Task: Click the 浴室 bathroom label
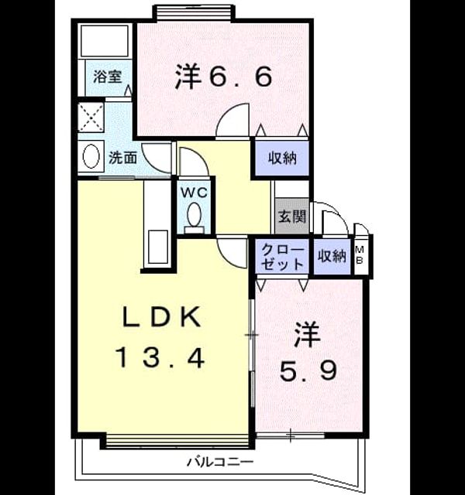[107, 77]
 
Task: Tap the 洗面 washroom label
[122, 158]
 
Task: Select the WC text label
[194, 192]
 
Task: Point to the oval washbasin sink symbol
[91, 156]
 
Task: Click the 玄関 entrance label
[291, 217]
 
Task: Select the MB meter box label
[360, 255]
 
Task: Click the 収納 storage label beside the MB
[332, 256]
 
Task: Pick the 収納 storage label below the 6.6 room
[282, 158]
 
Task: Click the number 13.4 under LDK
[161, 357]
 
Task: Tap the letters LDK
[161, 316]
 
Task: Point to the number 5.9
[308, 370]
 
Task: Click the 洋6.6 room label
[224, 76]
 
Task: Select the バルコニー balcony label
[220, 463]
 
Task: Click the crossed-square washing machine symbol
[91, 117]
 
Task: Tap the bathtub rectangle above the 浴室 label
[105, 41]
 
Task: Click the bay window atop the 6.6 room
[194, 12]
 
